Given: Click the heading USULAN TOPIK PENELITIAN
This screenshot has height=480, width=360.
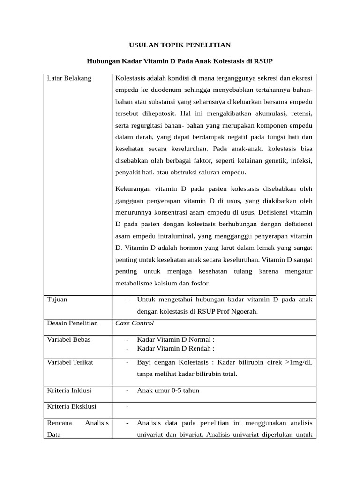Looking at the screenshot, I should (180, 45).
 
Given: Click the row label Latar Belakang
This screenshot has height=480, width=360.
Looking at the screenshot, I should (69, 78).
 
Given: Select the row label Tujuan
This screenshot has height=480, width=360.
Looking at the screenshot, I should (58, 300).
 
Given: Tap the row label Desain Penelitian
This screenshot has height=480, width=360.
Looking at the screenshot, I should (73, 323).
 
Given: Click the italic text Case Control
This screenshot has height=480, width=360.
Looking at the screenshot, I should (135, 323).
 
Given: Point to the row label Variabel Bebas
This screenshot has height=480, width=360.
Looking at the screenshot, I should (69, 339).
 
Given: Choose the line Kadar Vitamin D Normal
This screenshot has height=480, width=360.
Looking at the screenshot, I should (176, 339).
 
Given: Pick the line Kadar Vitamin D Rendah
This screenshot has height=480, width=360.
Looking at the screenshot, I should (176, 348).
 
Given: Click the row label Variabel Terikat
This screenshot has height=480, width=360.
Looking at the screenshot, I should (70, 362).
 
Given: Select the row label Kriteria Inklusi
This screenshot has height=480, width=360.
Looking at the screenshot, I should (69, 390).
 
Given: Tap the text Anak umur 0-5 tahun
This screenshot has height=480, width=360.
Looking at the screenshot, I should (168, 390).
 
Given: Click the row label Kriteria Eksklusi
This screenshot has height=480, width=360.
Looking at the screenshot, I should (72, 406).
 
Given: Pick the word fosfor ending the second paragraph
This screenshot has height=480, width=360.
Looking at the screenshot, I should (199, 284).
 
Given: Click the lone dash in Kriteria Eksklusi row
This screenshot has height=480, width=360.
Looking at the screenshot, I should (127, 407).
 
